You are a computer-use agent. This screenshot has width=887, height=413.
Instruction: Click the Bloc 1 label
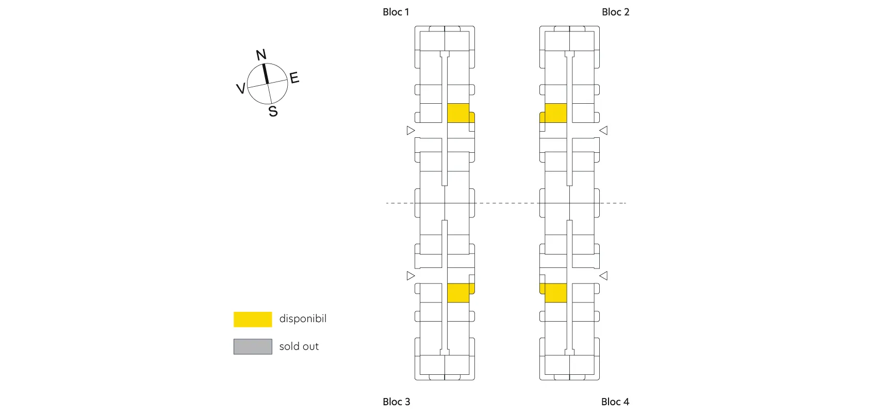coord(396,12)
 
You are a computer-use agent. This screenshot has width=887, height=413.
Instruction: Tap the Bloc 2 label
coord(615,12)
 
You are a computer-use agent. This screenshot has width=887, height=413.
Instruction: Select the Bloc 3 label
coord(396,402)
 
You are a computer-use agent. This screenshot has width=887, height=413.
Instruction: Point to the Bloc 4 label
coord(615,402)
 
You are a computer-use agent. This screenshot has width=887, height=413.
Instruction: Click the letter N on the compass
coord(261,55)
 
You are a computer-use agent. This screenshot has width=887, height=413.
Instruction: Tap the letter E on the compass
coord(294,78)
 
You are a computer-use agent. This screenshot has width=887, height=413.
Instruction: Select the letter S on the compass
coord(273,111)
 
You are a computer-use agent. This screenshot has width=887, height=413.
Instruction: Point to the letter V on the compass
coord(240,88)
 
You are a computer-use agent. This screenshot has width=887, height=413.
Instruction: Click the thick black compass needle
coord(266,74)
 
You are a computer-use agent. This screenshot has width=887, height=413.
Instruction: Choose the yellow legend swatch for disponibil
coord(253,319)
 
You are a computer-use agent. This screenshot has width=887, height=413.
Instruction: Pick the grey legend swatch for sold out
coord(253,346)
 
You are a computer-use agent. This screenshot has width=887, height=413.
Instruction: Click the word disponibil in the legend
coord(303,319)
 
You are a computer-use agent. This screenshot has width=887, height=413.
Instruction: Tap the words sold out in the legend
coord(299,346)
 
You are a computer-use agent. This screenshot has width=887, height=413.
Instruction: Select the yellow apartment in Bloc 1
coord(458,113)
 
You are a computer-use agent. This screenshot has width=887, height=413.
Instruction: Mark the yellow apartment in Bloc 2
coord(555,113)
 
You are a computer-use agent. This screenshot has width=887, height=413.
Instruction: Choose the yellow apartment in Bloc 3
coord(458,292)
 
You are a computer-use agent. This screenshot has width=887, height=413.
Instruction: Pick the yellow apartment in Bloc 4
coord(555,292)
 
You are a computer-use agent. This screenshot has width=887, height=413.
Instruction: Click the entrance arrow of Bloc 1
coord(410,130)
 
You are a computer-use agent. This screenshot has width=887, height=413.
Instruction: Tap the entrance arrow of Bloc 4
coord(603,276)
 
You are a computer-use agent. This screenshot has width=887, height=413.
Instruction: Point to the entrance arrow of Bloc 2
coord(603,130)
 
